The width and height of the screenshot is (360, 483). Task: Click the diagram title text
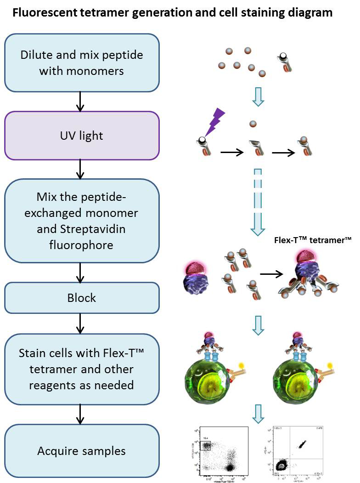point(172,12)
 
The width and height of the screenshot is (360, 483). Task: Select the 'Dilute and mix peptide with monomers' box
point(82,63)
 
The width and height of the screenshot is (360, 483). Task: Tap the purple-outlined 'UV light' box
point(82,136)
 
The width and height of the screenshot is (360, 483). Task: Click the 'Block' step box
point(82,297)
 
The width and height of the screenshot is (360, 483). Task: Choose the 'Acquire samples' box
point(82,451)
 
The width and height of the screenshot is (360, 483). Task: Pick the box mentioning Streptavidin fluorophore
point(82,221)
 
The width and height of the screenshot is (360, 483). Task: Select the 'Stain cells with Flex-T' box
point(82,369)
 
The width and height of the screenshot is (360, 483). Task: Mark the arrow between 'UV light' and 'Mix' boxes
point(81,169)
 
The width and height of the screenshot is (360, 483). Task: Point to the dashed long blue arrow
point(258,203)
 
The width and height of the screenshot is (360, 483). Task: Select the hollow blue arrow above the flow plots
point(258,414)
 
